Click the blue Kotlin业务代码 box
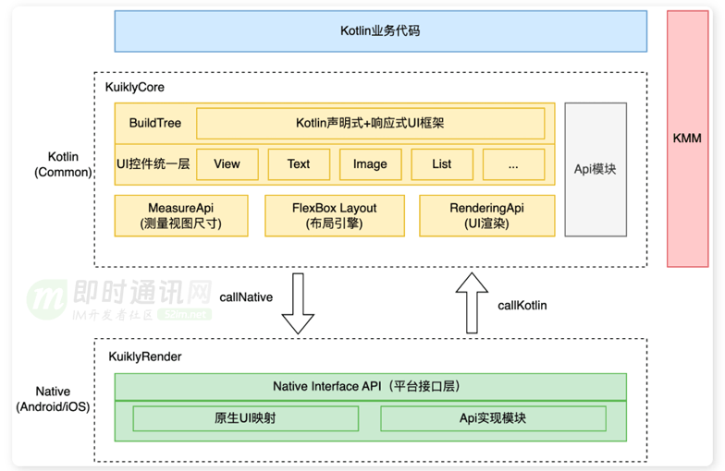[x=381, y=31]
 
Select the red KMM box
[x=688, y=139]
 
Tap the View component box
[x=227, y=164]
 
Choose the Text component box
[x=299, y=164]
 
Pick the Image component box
[x=370, y=164]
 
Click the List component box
[x=442, y=164]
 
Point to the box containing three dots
[x=514, y=164]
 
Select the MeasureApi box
[x=181, y=216]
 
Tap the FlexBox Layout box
[x=335, y=216]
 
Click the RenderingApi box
[x=486, y=216]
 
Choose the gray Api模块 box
[x=596, y=170]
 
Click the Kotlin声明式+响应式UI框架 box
[x=370, y=124]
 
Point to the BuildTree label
[x=155, y=123]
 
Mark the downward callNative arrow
[x=298, y=303]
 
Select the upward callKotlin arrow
[x=472, y=303]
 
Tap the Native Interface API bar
[x=370, y=386]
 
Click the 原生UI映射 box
[x=246, y=418]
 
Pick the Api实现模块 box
[x=494, y=418]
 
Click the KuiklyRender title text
[x=144, y=356]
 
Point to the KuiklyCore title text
[x=135, y=87]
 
